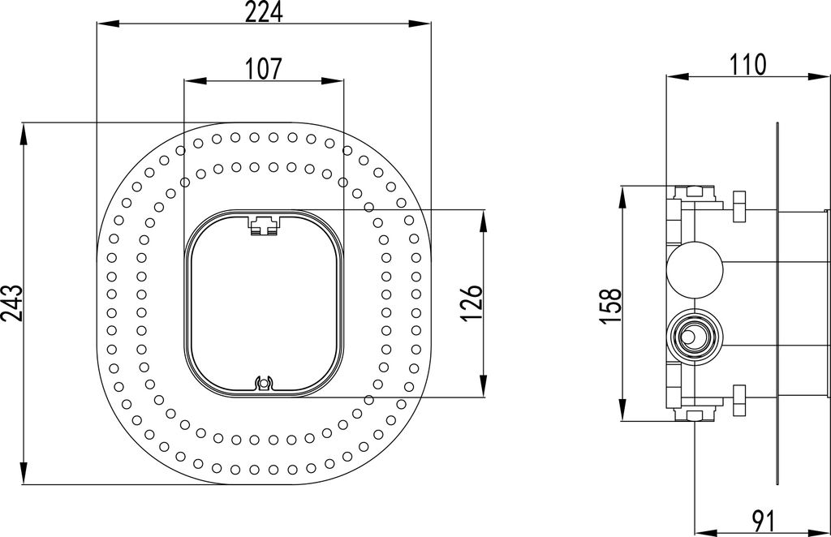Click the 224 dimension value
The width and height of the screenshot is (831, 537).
pos(264,11)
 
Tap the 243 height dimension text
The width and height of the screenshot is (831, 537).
pos(11,303)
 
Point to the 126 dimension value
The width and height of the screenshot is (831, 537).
pos(471,303)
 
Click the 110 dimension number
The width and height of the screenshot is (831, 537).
pos(748,65)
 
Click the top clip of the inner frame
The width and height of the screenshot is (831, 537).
pos(264,225)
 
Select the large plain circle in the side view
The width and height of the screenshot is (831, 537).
pos(695,268)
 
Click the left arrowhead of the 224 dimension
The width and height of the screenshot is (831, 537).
pos(107,24)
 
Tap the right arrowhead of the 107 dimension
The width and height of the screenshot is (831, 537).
pos(332,81)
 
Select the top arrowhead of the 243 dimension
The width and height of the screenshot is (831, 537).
pos(24,134)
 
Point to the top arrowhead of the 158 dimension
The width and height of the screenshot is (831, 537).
pos(622,197)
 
